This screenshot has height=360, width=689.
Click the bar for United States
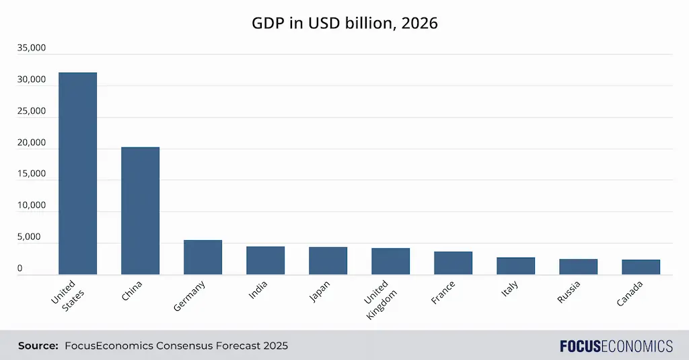(x=77, y=173)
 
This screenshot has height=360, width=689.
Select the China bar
(x=140, y=211)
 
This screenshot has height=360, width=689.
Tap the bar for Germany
(x=203, y=257)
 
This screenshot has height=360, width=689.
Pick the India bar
(x=265, y=260)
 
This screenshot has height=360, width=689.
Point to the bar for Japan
(x=328, y=260)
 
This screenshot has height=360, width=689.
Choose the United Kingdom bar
(x=390, y=261)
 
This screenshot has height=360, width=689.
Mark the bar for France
(x=453, y=263)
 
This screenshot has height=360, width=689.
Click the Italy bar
(x=515, y=266)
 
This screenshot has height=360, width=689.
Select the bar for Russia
(x=578, y=266)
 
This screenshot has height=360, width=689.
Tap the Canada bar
(x=641, y=267)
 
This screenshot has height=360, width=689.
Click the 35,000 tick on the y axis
(x=32, y=48)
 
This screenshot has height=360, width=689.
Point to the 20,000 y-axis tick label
(x=32, y=143)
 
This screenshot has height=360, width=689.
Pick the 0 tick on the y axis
(x=20, y=268)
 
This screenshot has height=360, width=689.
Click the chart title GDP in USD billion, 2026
(x=344, y=23)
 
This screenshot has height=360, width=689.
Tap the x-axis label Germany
(x=190, y=295)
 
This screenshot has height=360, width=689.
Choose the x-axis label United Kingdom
(x=382, y=299)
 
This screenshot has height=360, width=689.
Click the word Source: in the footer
(x=38, y=346)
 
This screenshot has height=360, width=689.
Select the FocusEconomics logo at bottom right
(x=616, y=346)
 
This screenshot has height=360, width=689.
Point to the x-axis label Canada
(x=630, y=294)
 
